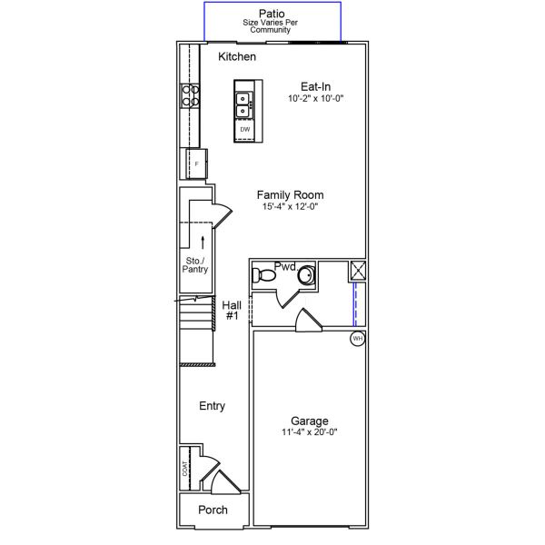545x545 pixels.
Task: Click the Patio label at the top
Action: [271, 13]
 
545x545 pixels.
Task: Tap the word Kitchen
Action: [237, 57]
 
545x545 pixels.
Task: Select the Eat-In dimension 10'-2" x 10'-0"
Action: [315, 97]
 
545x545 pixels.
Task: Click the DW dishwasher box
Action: [245, 130]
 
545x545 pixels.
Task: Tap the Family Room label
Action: [290, 194]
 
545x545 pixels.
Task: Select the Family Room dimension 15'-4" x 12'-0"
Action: [290, 206]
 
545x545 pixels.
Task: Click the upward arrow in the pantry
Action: [202, 241]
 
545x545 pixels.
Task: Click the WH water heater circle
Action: [358, 339]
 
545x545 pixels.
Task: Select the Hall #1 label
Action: [231, 310]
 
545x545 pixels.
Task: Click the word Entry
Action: [212, 406]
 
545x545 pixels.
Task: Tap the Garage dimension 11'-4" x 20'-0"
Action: [310, 432]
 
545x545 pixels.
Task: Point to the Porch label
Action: [213, 510]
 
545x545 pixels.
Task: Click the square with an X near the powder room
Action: [357, 269]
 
